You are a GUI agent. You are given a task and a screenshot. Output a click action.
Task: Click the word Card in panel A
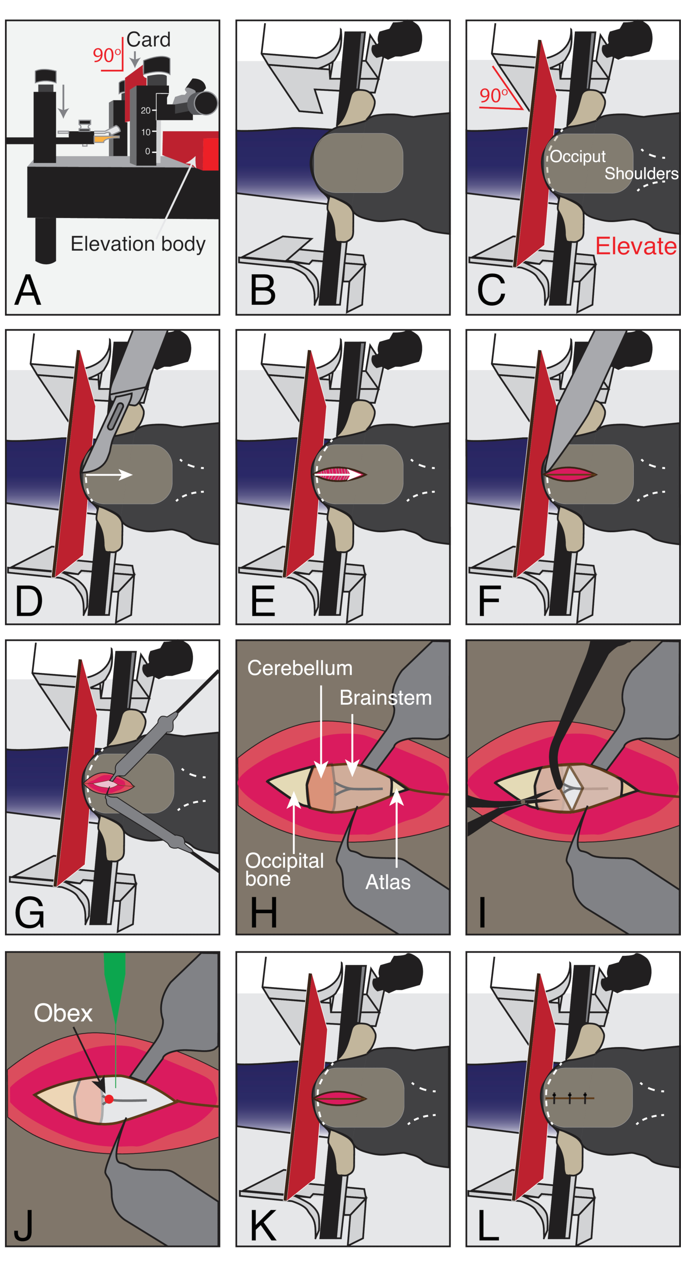(x=148, y=40)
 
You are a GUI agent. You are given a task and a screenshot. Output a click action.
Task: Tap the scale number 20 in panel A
(x=145, y=111)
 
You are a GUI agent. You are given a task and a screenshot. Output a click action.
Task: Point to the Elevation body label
(x=138, y=244)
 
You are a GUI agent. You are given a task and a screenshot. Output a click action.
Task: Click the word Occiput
(x=577, y=157)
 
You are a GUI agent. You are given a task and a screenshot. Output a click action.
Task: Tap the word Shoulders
(x=642, y=173)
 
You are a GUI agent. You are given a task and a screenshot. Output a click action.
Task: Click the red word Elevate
(x=636, y=246)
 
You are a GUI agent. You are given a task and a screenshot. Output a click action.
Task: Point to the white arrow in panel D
(x=108, y=475)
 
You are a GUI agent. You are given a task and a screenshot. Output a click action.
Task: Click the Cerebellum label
(x=300, y=668)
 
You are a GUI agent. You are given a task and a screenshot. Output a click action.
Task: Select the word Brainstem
(x=386, y=697)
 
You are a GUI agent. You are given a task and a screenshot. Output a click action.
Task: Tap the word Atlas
(x=388, y=882)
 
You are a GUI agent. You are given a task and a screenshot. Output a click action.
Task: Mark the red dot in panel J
(x=109, y=1099)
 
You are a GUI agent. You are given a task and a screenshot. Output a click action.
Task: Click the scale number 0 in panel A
(x=148, y=152)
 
